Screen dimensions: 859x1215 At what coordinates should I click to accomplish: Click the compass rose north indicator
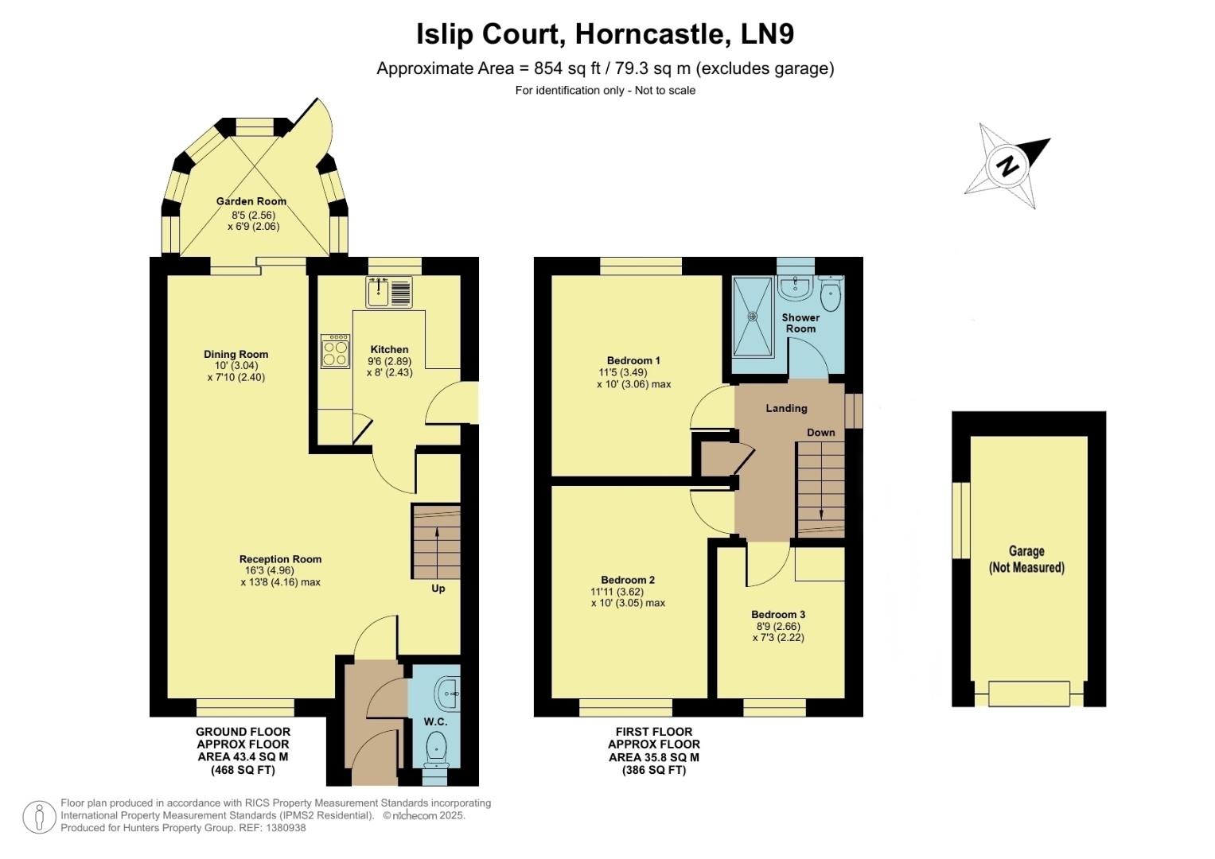(x=1008, y=165)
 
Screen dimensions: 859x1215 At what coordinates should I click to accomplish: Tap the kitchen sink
(x=388, y=292)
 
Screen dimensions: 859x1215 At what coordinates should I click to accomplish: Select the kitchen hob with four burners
(x=335, y=351)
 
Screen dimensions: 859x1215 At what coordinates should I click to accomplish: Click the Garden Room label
(x=251, y=201)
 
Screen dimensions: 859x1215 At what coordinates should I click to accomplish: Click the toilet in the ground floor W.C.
(x=435, y=748)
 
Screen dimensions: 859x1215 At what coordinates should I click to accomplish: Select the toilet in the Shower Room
(x=830, y=296)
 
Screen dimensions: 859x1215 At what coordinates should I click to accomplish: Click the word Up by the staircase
(x=438, y=589)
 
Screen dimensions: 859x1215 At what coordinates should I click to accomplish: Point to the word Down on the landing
(x=821, y=433)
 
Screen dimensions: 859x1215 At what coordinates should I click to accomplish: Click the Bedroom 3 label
(x=778, y=614)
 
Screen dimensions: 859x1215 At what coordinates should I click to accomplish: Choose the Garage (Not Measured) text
(x=1026, y=559)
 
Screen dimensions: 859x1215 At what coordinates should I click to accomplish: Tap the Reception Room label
(x=280, y=559)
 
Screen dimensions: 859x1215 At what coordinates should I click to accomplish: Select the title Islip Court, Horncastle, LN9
(x=606, y=34)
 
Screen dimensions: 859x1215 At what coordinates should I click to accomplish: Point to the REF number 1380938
(x=286, y=828)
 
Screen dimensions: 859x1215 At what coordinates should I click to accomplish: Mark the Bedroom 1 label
(x=633, y=360)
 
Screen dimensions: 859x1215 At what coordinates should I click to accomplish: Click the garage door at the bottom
(x=1029, y=694)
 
